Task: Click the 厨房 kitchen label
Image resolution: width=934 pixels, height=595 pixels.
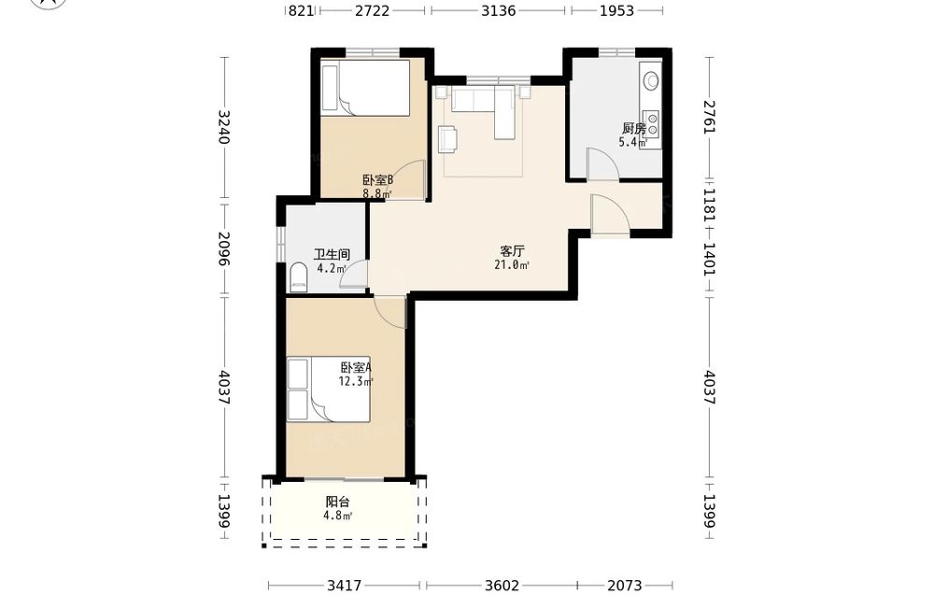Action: click(x=634, y=128)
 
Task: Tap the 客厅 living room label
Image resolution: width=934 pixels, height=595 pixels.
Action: click(x=512, y=250)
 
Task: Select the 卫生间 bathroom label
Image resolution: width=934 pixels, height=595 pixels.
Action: click(x=332, y=254)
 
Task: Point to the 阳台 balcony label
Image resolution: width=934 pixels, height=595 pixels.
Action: click(x=337, y=503)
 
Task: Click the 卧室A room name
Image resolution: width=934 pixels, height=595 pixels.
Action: click(x=356, y=367)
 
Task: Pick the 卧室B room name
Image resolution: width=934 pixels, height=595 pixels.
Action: click(x=378, y=180)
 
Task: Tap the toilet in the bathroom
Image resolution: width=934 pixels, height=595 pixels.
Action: click(x=298, y=277)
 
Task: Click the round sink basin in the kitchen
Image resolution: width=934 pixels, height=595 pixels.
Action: click(x=652, y=79)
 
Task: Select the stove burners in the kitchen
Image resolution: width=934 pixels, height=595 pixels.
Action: click(x=653, y=123)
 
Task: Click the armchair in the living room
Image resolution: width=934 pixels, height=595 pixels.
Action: click(x=448, y=139)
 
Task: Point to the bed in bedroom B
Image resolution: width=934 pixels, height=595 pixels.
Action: click(x=365, y=88)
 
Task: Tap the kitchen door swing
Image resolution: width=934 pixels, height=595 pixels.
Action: click(x=603, y=163)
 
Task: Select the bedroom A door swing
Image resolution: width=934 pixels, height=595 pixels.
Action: click(x=390, y=311)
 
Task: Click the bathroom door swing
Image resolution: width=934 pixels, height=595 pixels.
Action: click(x=354, y=276)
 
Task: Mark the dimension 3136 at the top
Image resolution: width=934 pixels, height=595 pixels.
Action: click(x=499, y=10)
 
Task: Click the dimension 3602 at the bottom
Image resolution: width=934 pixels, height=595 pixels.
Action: click(x=502, y=586)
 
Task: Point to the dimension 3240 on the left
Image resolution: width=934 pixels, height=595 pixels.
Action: click(x=224, y=127)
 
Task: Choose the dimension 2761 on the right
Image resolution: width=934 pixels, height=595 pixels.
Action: click(x=709, y=117)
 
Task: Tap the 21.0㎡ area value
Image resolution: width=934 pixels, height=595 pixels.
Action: click(x=512, y=265)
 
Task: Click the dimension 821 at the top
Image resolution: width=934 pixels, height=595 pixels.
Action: click(x=301, y=10)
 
